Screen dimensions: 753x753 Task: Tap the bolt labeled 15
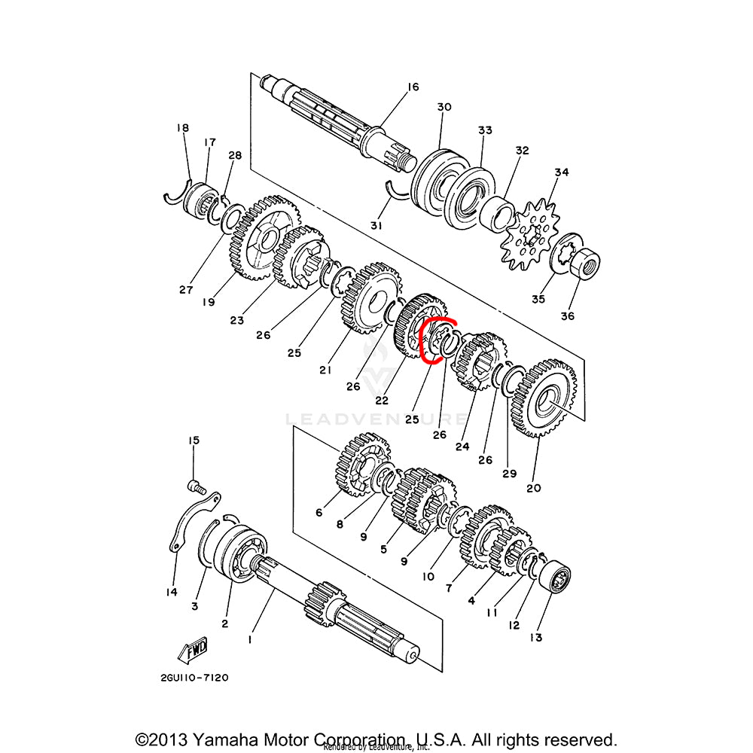click(x=195, y=485)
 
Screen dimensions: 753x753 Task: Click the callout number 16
click(x=412, y=87)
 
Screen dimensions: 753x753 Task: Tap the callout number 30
click(x=444, y=108)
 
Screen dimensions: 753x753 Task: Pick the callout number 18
click(x=183, y=128)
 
